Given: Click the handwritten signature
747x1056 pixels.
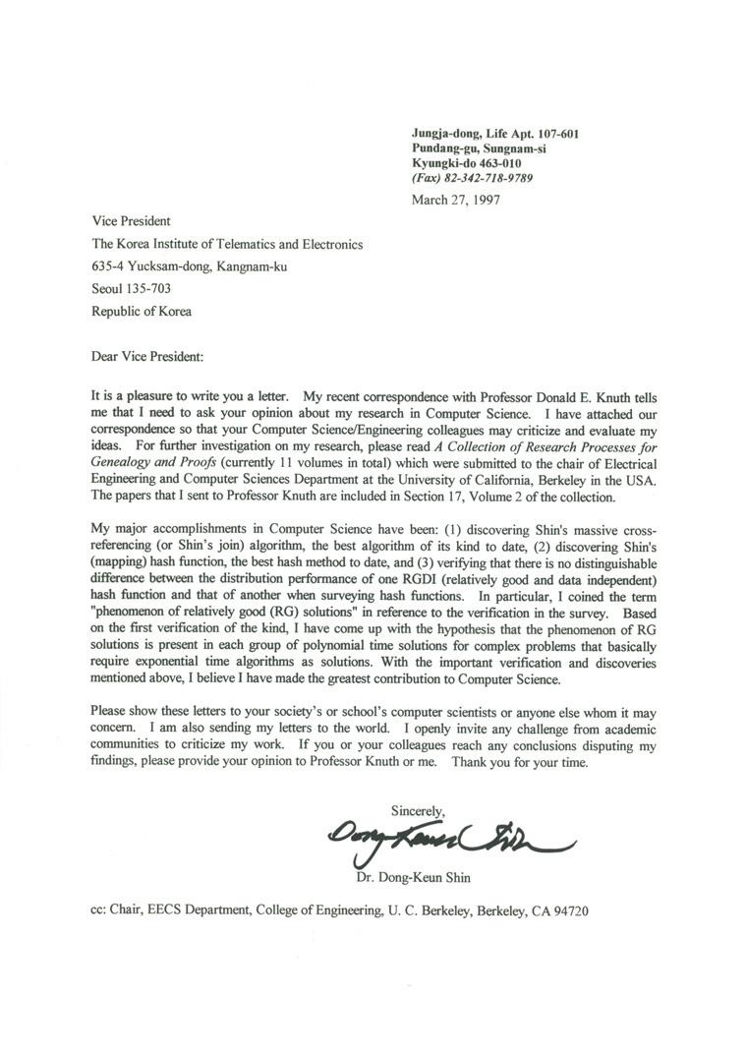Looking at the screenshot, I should (x=442, y=838).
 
